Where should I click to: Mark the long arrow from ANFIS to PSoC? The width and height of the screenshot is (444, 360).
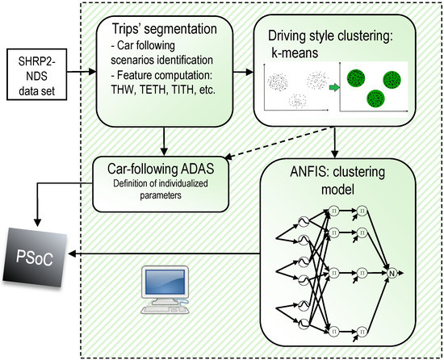(x=161, y=253)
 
